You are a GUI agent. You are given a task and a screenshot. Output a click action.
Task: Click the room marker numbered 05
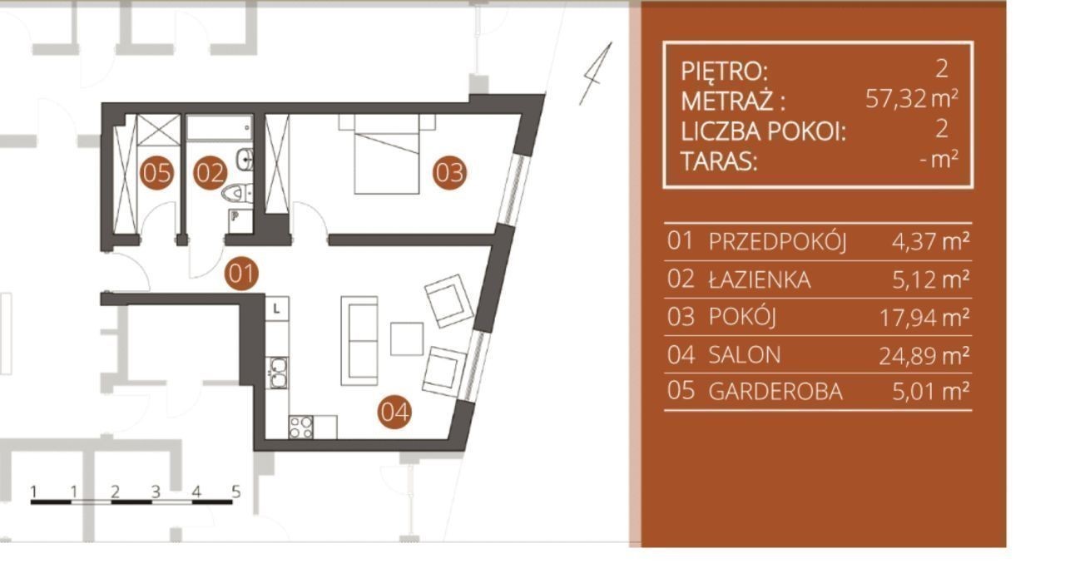click(x=157, y=173)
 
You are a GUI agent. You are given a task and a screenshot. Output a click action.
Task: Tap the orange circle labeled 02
click(x=211, y=173)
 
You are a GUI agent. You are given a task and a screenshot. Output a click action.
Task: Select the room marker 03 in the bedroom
click(x=449, y=172)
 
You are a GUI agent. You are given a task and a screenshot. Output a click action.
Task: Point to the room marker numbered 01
click(x=241, y=274)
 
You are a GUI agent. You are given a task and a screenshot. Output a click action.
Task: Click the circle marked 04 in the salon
click(x=394, y=412)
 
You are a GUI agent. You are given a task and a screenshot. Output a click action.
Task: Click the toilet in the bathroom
click(x=237, y=193)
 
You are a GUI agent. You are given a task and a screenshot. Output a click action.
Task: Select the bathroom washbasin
click(x=245, y=159)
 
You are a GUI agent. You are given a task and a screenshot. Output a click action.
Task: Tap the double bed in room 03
click(x=387, y=154)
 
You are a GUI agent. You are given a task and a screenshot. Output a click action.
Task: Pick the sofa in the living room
click(x=359, y=340)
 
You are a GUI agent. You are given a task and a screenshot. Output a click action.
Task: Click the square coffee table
click(x=407, y=339)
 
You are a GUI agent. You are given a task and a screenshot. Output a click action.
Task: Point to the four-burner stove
click(x=301, y=427)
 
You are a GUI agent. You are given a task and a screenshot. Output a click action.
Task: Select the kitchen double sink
click(x=278, y=373)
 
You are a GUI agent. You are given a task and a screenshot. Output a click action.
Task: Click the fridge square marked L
click(x=277, y=309)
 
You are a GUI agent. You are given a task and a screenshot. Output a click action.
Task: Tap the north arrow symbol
click(x=595, y=74)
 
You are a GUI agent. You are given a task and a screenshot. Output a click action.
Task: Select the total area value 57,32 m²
click(x=911, y=99)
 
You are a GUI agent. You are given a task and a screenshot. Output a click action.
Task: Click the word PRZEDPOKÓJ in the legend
click(x=778, y=241)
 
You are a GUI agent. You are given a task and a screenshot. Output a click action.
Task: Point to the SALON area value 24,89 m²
click(x=924, y=355)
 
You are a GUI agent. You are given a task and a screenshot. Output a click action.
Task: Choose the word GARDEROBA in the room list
click(x=775, y=392)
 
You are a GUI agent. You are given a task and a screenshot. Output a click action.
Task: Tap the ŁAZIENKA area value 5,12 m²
click(x=931, y=279)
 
